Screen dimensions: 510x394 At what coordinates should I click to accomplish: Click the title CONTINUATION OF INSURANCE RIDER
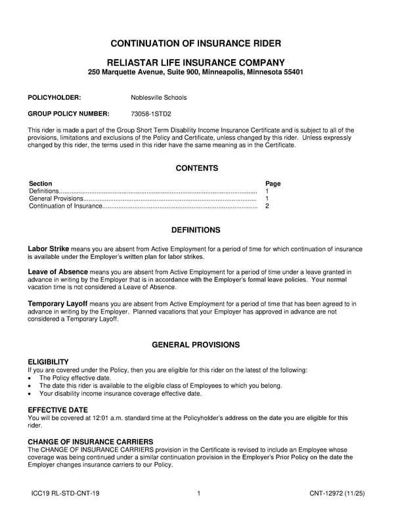click(196, 43)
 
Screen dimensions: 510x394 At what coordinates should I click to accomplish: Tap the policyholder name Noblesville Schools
click(158, 97)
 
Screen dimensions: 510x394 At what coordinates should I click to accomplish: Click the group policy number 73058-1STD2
click(150, 114)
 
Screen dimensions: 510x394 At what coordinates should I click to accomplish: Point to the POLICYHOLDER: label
click(54, 97)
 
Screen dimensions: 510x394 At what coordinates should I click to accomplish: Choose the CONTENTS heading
click(196, 168)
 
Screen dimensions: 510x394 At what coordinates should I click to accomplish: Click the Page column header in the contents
click(273, 183)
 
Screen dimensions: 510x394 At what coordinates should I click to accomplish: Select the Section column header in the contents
click(41, 183)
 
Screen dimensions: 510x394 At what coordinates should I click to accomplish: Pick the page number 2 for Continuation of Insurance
click(267, 206)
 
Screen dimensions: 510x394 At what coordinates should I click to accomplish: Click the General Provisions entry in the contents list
click(56, 198)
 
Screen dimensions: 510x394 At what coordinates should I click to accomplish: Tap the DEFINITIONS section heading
click(196, 231)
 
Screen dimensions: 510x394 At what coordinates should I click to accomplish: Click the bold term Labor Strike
click(48, 250)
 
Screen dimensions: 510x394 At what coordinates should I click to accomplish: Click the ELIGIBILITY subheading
click(48, 362)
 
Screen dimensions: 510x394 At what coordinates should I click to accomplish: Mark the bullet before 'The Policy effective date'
click(30, 379)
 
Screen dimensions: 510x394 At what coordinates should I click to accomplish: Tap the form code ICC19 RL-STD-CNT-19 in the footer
click(65, 493)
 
